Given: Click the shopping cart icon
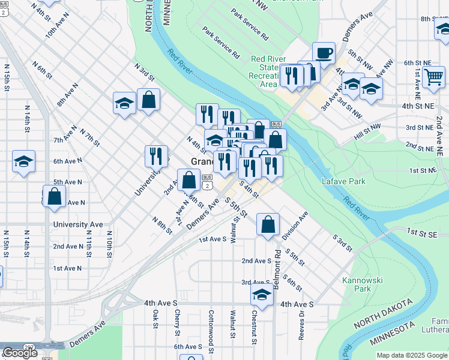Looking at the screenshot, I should [x=433, y=77].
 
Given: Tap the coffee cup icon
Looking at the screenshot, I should [x=324, y=53].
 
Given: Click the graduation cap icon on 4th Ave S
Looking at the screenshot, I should [x=262, y=295].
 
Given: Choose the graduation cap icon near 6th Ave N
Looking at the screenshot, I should [x=23, y=161].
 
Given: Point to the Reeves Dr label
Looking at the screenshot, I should [x=303, y=322].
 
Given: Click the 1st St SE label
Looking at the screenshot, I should [x=419, y=232].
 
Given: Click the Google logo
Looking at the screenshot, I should [x=20, y=353].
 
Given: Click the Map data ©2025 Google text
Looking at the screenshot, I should [x=412, y=355].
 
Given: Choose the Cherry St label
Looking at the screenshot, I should [x=178, y=322].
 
